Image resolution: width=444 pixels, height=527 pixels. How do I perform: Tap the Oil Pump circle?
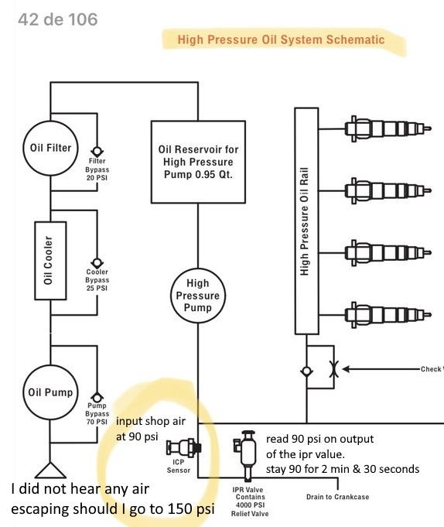point(51,392)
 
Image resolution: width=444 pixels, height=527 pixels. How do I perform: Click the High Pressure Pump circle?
point(198,295)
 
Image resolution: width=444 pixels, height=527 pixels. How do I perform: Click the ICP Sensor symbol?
point(186,447)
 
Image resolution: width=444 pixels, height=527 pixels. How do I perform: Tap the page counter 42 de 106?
point(57,19)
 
